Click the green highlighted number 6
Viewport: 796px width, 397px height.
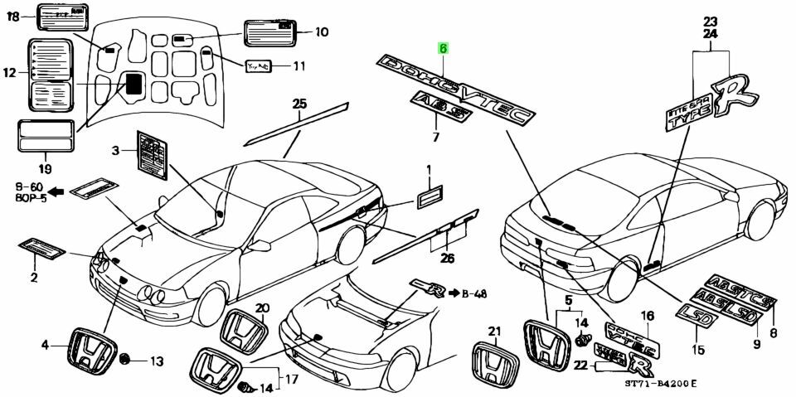(x=444, y=49)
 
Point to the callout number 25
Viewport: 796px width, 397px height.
(x=299, y=104)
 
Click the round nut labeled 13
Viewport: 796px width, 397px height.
(x=127, y=361)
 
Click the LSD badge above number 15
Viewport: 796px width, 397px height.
(x=694, y=313)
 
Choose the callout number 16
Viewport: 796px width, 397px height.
(x=646, y=316)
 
